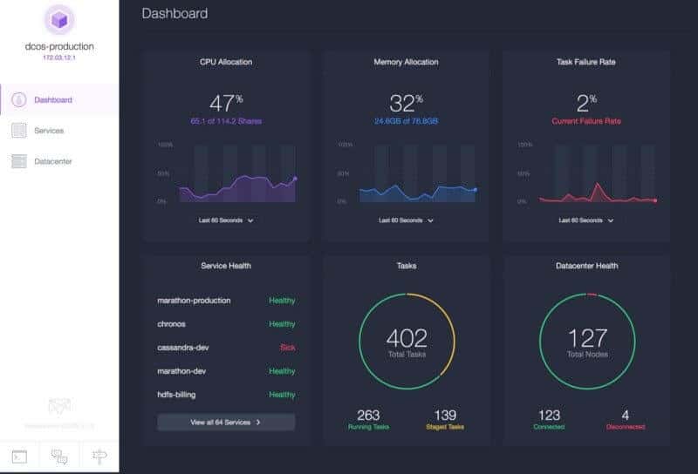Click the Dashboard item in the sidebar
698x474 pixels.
pyautogui.click(x=52, y=99)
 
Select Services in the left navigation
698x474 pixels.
pyautogui.click(x=48, y=131)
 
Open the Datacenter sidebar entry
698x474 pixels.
pyautogui.click(x=52, y=161)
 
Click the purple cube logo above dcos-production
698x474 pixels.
pyautogui.click(x=58, y=19)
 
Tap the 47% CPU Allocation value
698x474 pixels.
pyautogui.click(x=225, y=102)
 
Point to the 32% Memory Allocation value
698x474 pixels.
pyautogui.click(x=406, y=102)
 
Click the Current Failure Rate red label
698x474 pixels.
pyautogui.click(x=585, y=121)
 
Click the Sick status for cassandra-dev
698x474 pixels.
pyautogui.click(x=286, y=348)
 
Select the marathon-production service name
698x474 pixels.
pyautogui.click(x=194, y=301)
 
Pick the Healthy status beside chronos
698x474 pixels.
pyautogui.click(x=282, y=324)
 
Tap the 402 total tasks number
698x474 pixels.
pyautogui.click(x=406, y=338)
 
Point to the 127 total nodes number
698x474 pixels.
pyautogui.click(x=586, y=338)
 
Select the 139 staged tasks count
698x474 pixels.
pyautogui.click(x=445, y=415)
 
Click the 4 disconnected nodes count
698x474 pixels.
pyautogui.click(x=624, y=415)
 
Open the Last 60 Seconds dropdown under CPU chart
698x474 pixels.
pyautogui.click(x=226, y=220)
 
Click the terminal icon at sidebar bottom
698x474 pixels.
pyautogui.click(x=19, y=456)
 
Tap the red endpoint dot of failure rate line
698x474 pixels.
pyautogui.click(x=655, y=200)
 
